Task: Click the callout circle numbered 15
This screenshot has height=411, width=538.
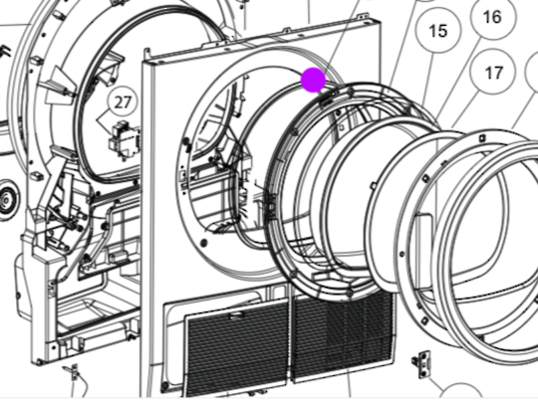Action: pyautogui.click(x=437, y=31)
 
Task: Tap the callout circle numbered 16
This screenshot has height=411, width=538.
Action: pyautogui.click(x=493, y=17)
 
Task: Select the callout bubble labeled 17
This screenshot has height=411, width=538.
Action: pyautogui.click(x=493, y=72)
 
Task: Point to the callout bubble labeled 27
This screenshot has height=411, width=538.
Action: pyautogui.click(x=123, y=103)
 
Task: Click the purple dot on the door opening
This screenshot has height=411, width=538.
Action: pyautogui.click(x=313, y=80)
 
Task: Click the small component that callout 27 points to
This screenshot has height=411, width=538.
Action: pyautogui.click(x=125, y=139)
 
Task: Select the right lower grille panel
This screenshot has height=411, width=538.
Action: pyautogui.click(x=342, y=336)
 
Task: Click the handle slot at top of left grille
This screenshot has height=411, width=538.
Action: pyautogui.click(x=237, y=315)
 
